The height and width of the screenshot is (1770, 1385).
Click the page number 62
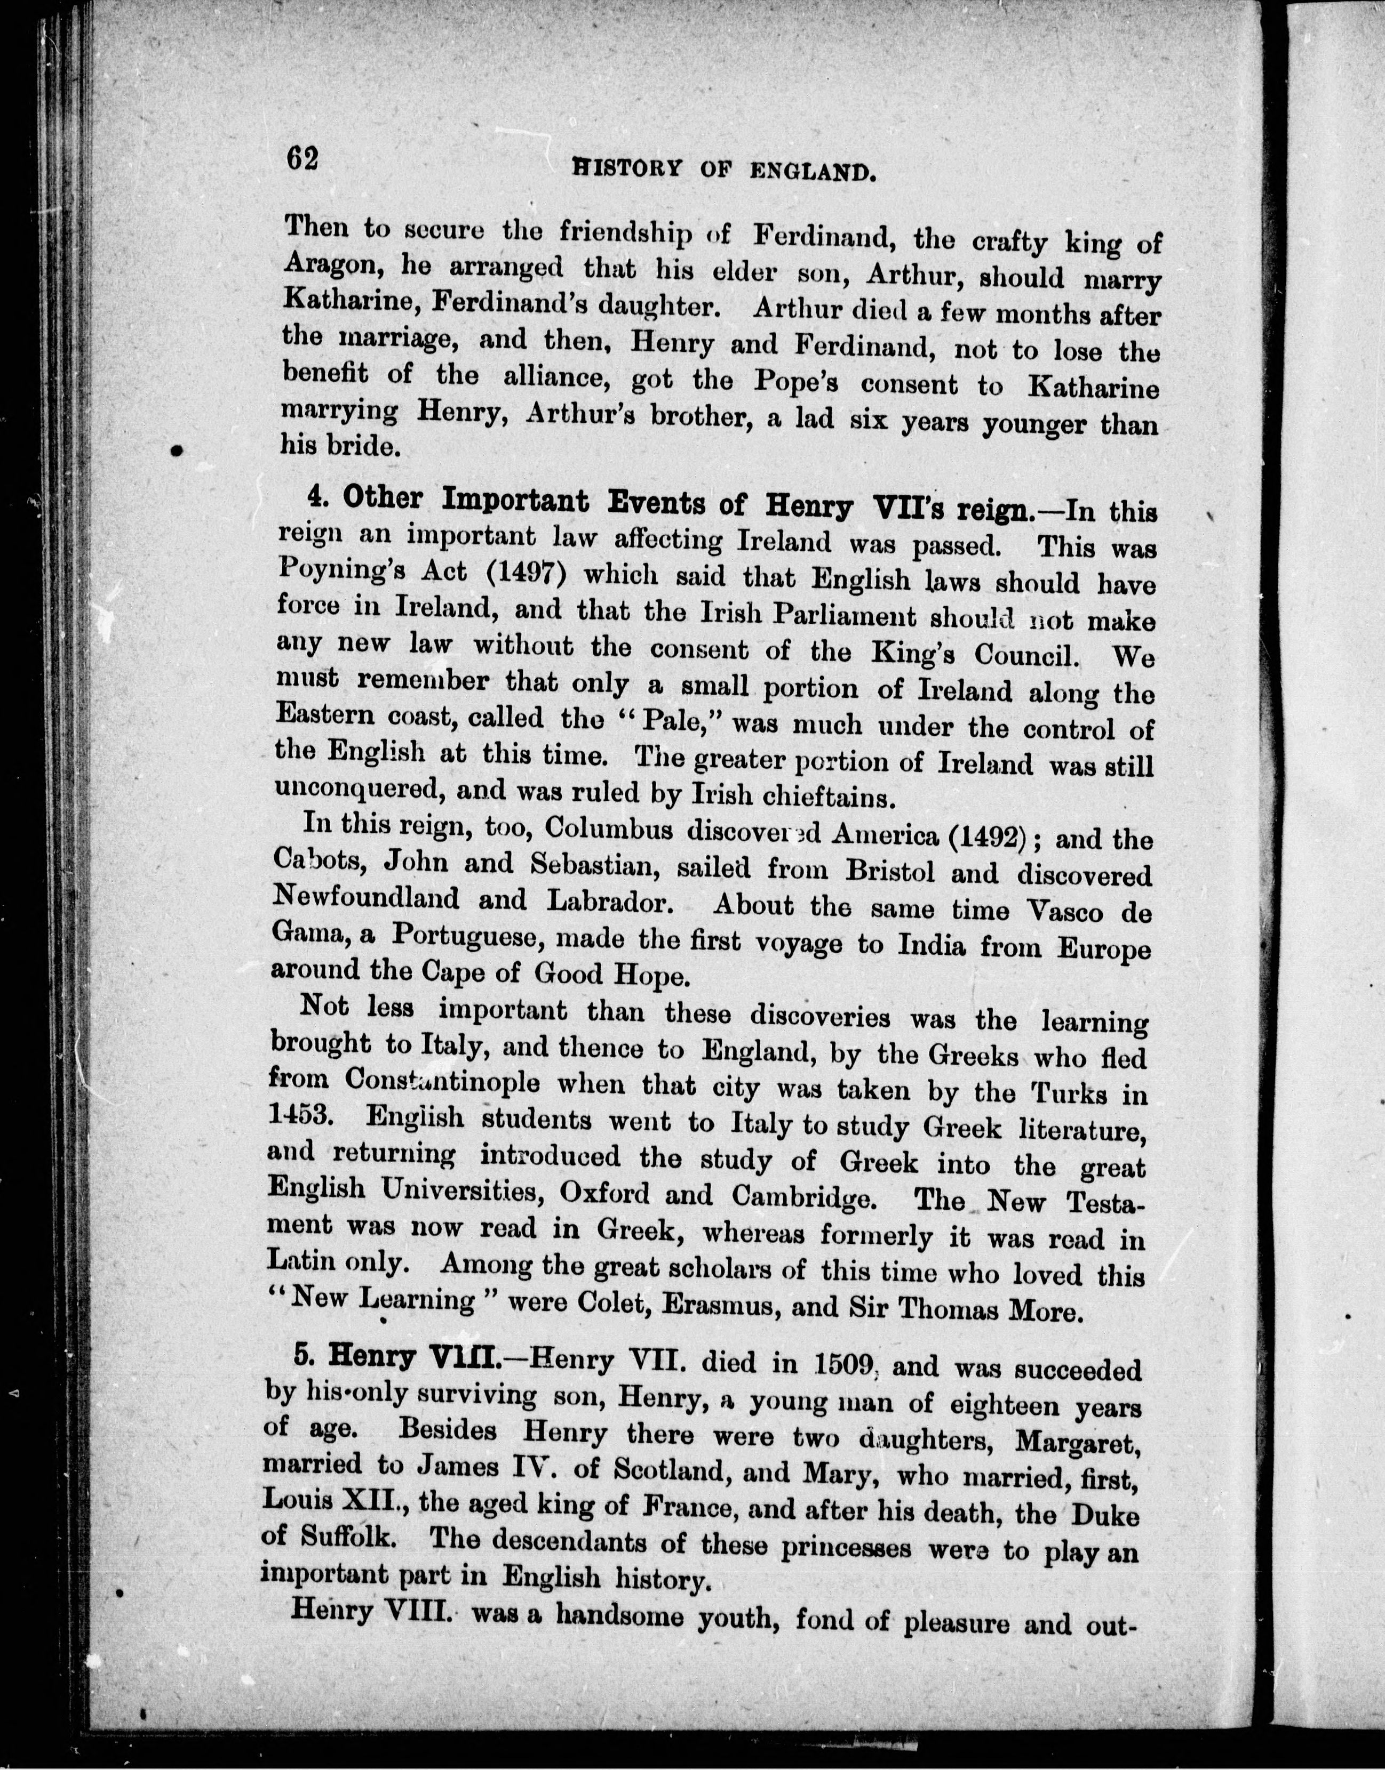(301, 158)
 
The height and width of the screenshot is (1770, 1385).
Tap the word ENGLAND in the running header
(813, 171)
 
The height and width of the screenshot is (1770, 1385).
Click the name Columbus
(608, 829)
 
